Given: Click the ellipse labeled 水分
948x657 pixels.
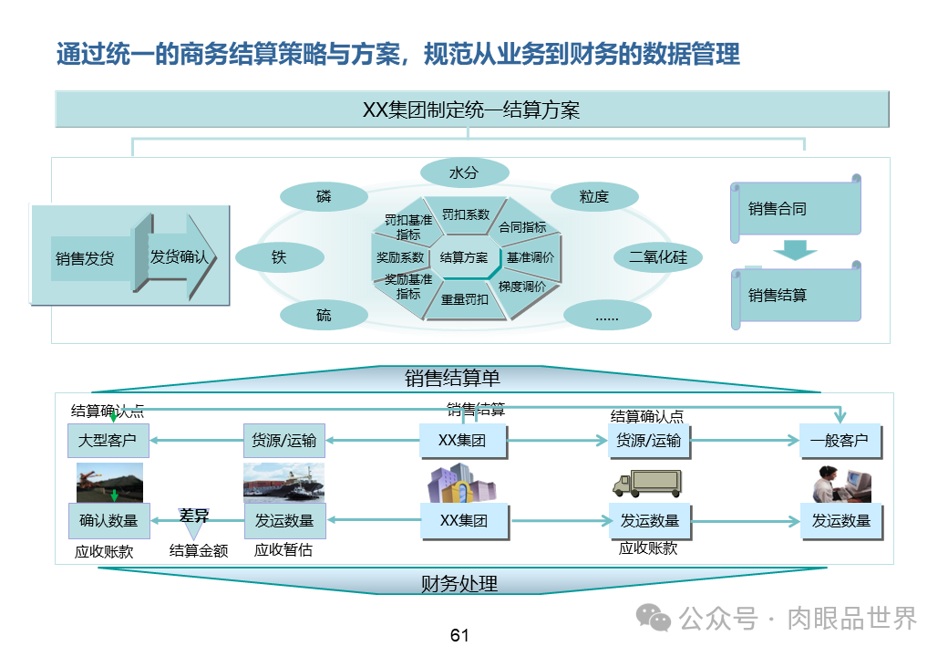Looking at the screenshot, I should pyautogui.click(x=464, y=172).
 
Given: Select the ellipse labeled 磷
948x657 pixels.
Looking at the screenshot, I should pyautogui.click(x=324, y=197).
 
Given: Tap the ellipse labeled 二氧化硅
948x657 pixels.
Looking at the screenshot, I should pyautogui.click(x=657, y=257).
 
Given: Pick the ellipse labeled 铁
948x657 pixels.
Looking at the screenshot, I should pyautogui.click(x=279, y=257).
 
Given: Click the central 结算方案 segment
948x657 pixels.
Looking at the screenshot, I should pyautogui.click(x=463, y=257).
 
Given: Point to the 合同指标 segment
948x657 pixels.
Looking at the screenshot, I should pyautogui.click(x=522, y=227).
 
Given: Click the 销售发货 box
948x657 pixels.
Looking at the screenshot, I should pyautogui.click(x=84, y=257).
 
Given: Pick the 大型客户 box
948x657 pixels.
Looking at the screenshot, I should pyautogui.click(x=108, y=441).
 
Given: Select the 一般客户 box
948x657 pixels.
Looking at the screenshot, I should pyautogui.click(x=840, y=441).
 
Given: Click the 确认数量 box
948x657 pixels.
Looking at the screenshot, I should pyautogui.click(x=108, y=520).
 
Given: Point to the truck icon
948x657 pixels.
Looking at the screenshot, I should pyautogui.click(x=647, y=483).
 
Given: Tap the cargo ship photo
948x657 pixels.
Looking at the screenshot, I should pyautogui.click(x=283, y=483).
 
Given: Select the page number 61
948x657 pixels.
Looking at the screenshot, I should pyautogui.click(x=459, y=635).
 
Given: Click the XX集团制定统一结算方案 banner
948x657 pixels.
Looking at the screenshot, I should pyautogui.click(x=471, y=110).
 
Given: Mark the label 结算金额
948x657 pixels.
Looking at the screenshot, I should pyautogui.click(x=199, y=550).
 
